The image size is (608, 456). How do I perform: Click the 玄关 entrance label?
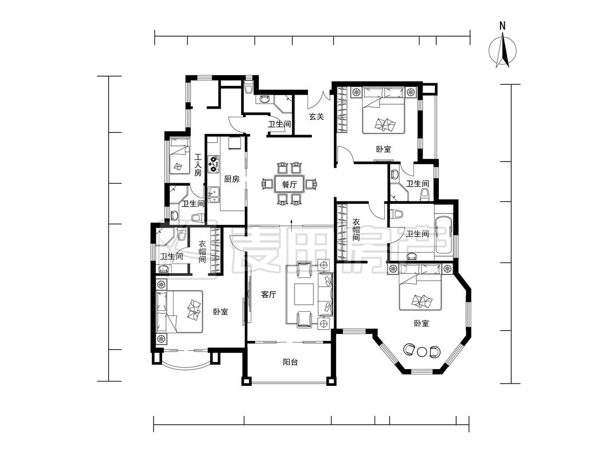point(316,116)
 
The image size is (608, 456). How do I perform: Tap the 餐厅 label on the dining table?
point(289,185)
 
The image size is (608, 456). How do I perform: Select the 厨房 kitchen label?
point(232,179)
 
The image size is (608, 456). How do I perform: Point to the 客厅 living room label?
point(269,294)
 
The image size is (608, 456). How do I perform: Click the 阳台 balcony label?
point(290,363)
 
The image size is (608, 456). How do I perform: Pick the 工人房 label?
point(198,165)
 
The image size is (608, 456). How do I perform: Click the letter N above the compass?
point(503,26)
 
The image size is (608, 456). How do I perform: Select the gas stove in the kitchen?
point(213,164)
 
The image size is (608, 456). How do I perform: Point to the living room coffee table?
point(304,294)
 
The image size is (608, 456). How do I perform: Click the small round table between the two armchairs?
point(422,352)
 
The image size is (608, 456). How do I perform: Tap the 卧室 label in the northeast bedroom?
point(384,149)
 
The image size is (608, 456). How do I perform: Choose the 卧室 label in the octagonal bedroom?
point(422,323)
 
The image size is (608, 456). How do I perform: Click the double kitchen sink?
point(213,195)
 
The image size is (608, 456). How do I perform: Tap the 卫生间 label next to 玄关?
point(279,124)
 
